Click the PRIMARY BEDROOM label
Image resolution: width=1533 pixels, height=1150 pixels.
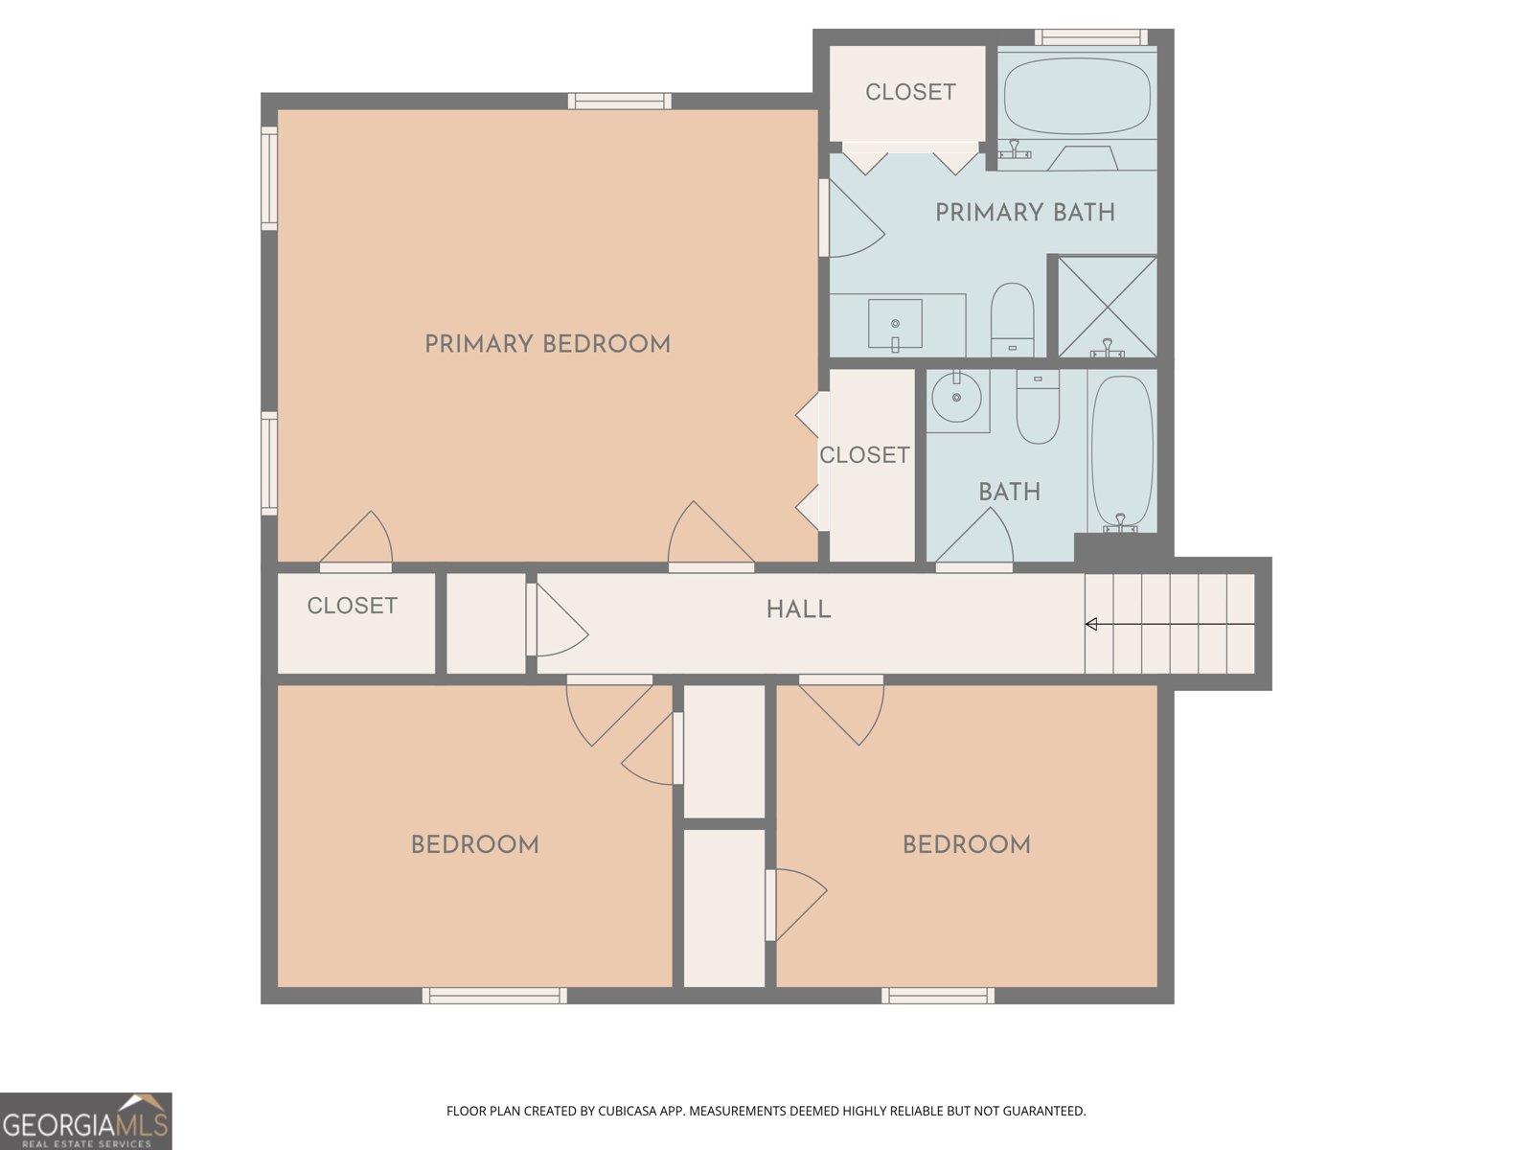click(x=547, y=343)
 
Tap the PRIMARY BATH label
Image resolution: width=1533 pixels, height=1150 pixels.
click(x=1025, y=212)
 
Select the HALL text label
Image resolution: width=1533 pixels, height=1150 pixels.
click(x=799, y=609)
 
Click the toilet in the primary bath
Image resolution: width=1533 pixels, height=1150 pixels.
click(x=1012, y=319)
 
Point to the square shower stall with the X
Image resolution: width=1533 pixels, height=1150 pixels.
click(x=1108, y=308)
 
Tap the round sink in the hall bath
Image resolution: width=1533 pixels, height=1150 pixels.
click(x=957, y=398)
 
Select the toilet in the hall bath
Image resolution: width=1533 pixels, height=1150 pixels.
click(x=1038, y=406)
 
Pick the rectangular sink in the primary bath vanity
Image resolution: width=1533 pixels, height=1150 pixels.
click(x=895, y=323)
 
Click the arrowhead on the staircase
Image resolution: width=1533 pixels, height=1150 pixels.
click(x=1091, y=624)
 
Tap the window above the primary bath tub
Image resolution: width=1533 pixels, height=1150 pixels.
click(x=1091, y=37)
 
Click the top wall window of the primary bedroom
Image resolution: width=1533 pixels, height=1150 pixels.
click(x=620, y=102)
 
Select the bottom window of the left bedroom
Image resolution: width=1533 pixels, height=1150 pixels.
click(x=494, y=996)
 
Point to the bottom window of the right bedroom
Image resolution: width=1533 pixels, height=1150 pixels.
click(x=938, y=996)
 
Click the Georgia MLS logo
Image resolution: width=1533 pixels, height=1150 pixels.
click(x=86, y=1121)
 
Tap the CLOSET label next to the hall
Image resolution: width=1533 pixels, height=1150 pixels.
click(x=353, y=606)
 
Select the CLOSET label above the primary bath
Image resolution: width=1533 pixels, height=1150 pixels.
click(x=911, y=92)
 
